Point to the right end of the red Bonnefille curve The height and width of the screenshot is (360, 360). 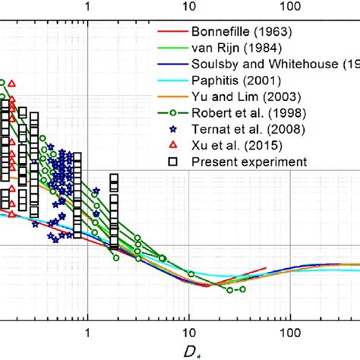pos(265,268)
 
